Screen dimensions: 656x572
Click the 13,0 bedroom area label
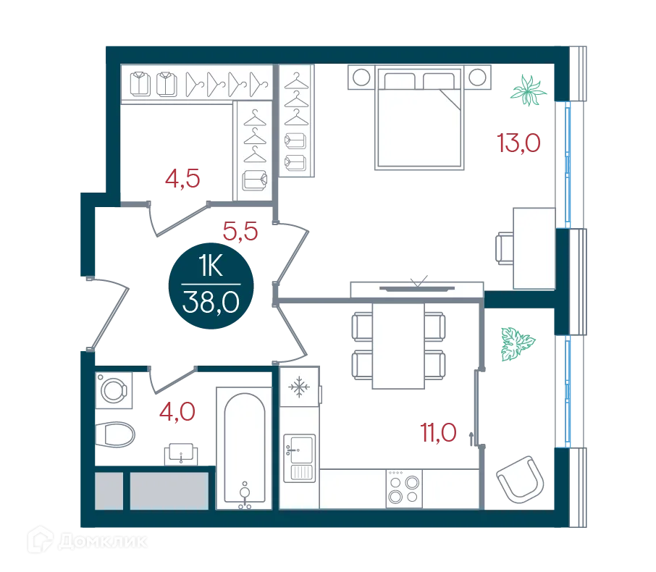518,143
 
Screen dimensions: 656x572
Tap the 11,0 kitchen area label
438,433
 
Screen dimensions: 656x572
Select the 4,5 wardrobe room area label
182,179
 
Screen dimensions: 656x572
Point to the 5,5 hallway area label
240,231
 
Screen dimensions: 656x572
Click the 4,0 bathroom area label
177,411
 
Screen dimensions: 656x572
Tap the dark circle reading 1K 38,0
211,286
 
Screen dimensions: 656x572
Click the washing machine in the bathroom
114,390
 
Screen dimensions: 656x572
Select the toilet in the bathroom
114,434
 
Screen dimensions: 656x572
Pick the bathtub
244,448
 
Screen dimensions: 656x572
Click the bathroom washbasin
181,454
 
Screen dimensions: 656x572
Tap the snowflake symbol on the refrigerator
299,387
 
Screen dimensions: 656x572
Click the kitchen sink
299,458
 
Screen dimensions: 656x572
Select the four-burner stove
404,489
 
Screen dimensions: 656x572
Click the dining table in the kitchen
398,345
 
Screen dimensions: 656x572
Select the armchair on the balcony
521,479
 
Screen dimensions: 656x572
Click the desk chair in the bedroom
505,248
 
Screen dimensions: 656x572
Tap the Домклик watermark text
103,542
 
